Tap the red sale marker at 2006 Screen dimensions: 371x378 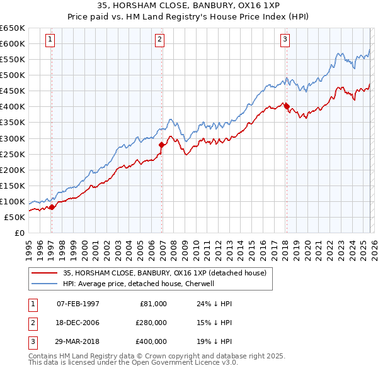[x=161, y=145]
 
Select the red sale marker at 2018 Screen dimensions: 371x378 [x=287, y=106]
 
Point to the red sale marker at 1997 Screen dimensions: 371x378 [x=52, y=207]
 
